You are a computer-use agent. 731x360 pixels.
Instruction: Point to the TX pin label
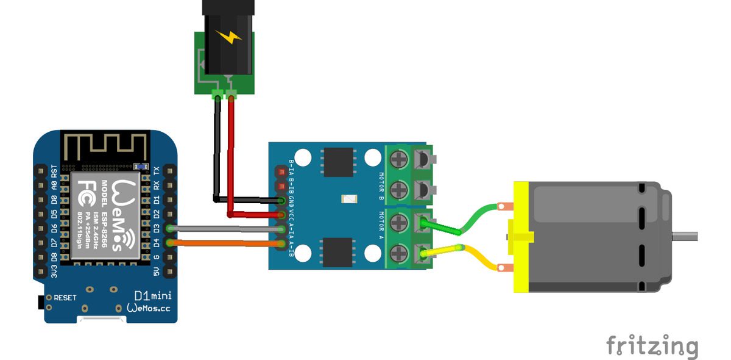click(x=156, y=170)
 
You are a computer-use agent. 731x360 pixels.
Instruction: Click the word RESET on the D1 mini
click(x=66, y=298)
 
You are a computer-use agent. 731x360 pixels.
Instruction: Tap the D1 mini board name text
click(x=153, y=297)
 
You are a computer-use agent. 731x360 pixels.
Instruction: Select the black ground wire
click(x=216, y=153)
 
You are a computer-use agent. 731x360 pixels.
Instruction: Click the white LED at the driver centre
click(x=347, y=200)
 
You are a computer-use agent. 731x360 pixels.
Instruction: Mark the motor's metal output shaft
click(x=685, y=234)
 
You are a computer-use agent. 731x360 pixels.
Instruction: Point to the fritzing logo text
click(x=652, y=346)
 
